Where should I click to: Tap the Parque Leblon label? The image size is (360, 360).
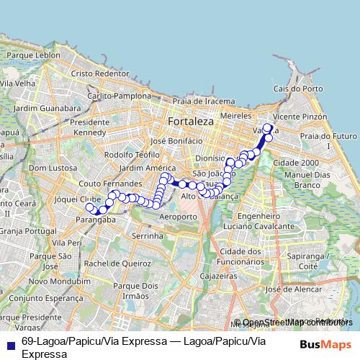35,55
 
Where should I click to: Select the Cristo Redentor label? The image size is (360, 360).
99,73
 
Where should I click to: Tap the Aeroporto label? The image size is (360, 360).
177,217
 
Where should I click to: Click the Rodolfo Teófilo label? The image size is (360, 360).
132,154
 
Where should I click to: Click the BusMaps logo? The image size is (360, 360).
325,344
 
